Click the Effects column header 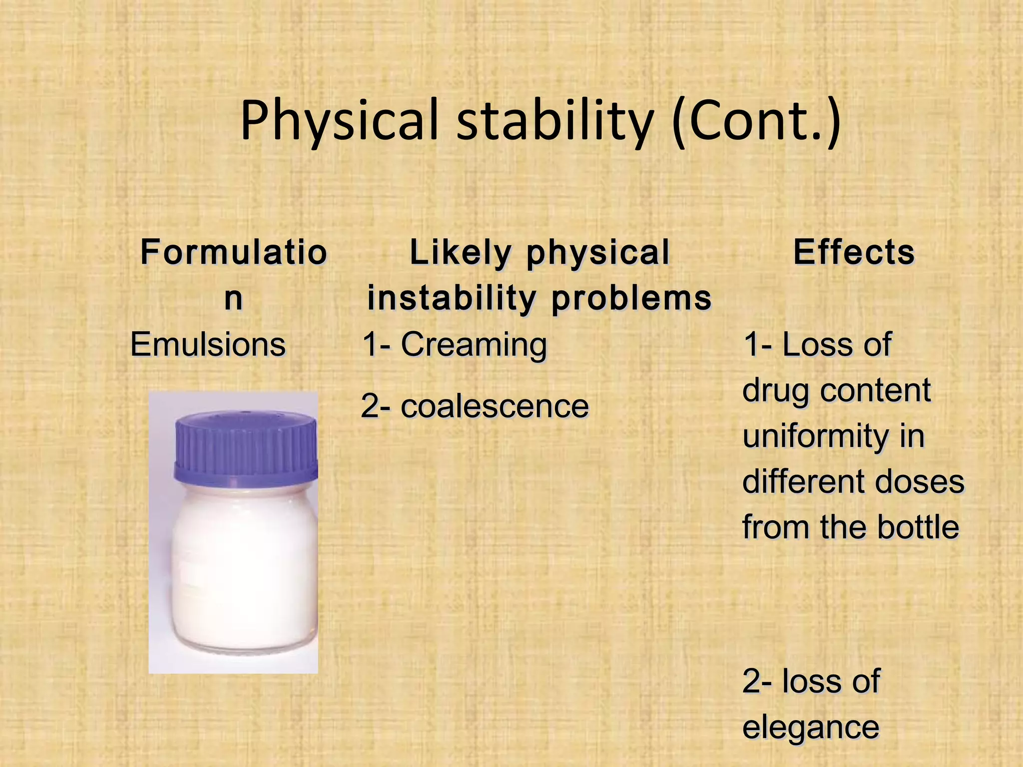(854, 252)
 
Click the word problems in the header (631, 298)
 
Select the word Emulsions (208, 345)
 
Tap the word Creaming (474, 345)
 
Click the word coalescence (495, 406)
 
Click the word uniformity (814, 436)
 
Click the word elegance (810, 727)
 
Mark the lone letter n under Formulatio (233, 298)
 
